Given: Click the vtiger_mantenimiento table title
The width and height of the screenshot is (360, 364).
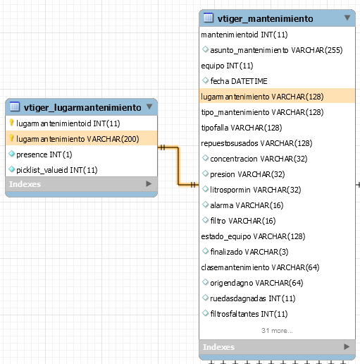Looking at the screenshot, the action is coord(265,18).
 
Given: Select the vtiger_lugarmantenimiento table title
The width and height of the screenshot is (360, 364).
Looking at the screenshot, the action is coord(82,107).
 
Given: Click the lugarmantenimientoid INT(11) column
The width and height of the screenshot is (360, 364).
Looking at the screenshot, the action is coord(68,123).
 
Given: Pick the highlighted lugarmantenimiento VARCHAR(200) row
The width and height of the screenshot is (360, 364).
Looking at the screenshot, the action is coord(81,138).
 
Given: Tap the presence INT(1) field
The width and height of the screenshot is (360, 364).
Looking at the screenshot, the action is coord(44,154).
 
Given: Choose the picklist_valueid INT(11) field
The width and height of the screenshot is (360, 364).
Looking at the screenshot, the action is coord(57,170).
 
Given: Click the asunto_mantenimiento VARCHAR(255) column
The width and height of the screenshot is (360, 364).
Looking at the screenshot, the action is coord(276,50).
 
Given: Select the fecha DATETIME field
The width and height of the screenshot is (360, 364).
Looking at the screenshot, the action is coord(239,81).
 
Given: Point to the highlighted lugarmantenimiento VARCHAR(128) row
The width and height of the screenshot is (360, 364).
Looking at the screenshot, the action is coord(277,96).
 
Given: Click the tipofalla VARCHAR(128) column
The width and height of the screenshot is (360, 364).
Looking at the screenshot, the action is coord(242,128).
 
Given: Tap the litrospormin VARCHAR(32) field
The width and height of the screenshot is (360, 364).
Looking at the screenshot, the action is coord(256,190).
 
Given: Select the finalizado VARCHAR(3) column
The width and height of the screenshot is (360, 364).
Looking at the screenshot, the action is coord(249,252).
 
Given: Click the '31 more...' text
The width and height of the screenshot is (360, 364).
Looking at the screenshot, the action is coord(277,331).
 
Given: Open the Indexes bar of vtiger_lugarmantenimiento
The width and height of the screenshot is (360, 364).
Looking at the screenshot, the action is coord(81,184).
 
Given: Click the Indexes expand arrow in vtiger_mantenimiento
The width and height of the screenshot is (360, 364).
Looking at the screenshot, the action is coord(347,346).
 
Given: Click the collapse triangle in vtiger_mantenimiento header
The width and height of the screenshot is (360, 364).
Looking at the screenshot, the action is coord(347,18).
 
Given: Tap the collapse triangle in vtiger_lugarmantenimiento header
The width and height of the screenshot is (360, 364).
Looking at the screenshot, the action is coord(149,107).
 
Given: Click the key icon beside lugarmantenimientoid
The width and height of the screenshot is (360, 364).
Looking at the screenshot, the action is coord(11,123).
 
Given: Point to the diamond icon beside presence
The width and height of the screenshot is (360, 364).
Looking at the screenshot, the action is coord(11,154).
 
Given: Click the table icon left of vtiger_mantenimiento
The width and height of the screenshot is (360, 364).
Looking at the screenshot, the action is coord(209,18).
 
